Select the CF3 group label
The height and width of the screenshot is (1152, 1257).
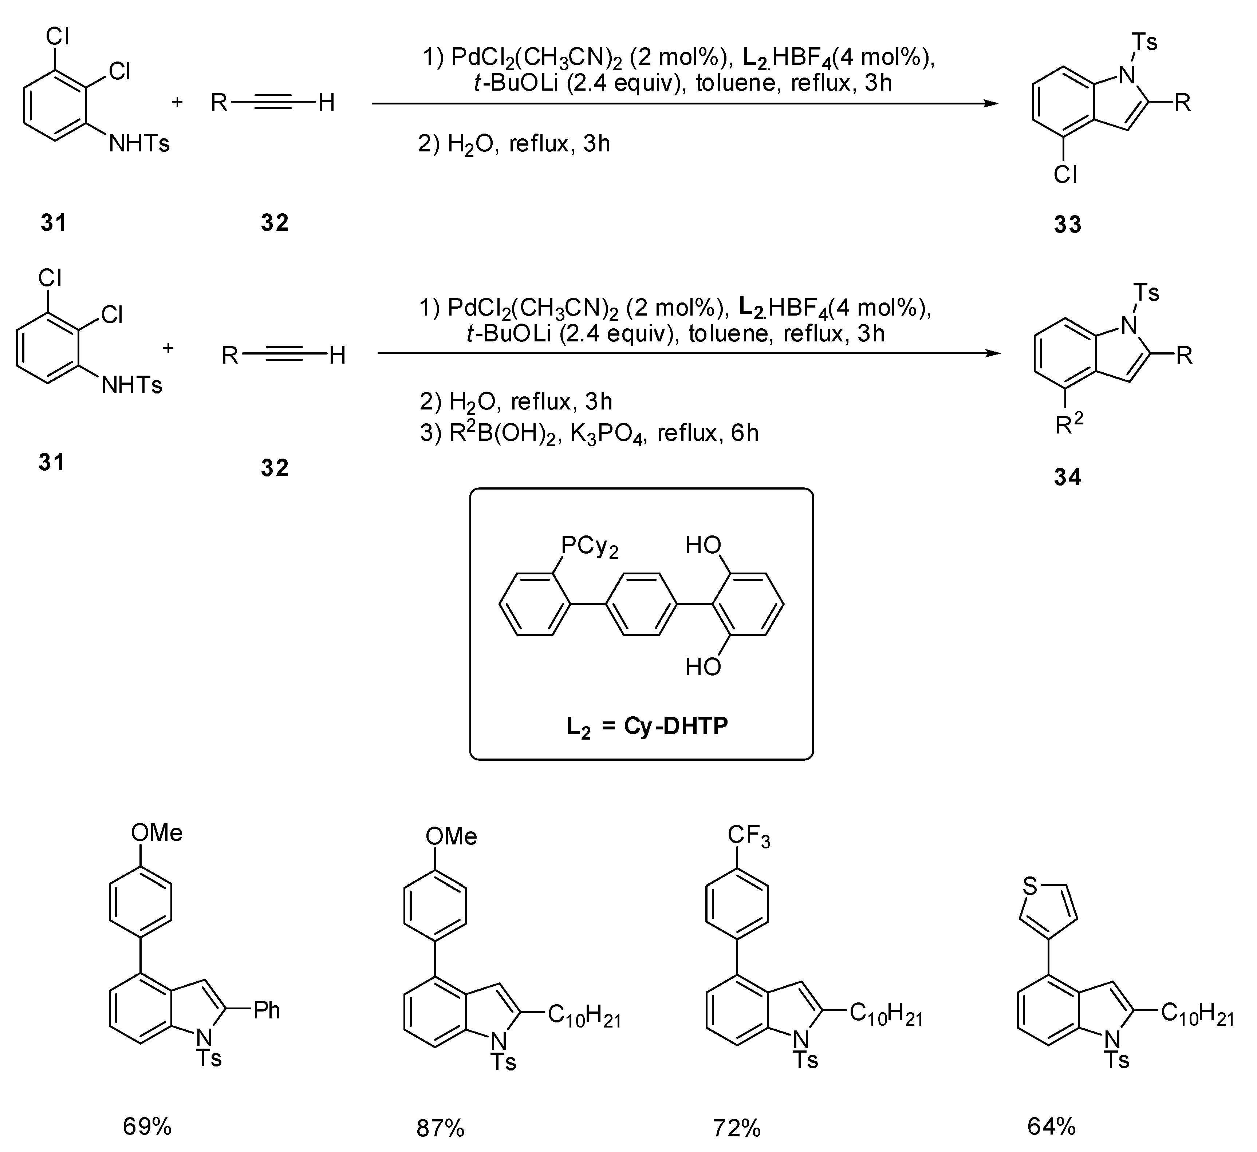click(748, 836)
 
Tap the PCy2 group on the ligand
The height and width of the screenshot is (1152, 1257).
click(589, 547)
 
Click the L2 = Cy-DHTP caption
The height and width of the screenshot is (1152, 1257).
click(647, 726)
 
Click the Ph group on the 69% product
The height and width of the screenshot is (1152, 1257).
click(266, 1010)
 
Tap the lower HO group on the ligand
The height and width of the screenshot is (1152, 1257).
click(703, 667)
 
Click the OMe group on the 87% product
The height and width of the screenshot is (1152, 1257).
click(452, 836)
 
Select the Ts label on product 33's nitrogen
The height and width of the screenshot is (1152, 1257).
click(1144, 42)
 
